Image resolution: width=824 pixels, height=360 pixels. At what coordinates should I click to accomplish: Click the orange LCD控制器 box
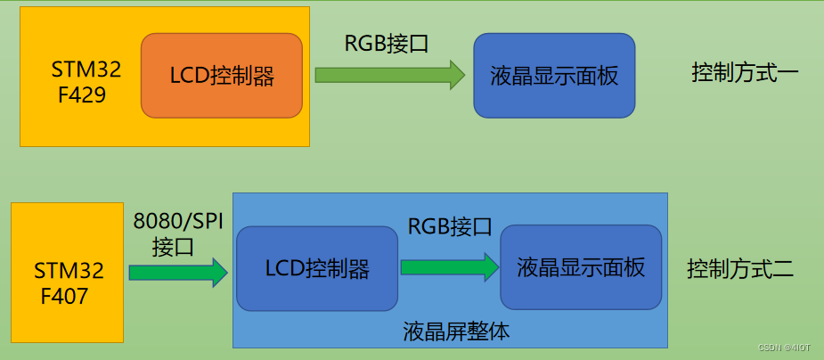pos(221,76)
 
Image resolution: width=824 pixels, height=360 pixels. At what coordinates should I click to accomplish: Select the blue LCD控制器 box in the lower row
pos(316,267)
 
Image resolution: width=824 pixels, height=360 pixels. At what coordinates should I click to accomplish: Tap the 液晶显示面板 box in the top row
pos(553,76)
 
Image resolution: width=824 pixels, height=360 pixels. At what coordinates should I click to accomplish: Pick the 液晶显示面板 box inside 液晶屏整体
pos(580,266)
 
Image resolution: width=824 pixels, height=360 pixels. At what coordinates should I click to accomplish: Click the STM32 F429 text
pos(86,82)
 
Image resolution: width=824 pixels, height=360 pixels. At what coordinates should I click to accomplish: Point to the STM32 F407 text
pos(69,283)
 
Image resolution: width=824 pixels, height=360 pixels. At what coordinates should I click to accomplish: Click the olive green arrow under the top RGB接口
pos(389,75)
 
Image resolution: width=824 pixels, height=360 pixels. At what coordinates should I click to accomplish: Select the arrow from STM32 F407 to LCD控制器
pos(177,272)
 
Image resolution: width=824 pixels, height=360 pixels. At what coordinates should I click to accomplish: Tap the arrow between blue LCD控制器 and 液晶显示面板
pos(448,266)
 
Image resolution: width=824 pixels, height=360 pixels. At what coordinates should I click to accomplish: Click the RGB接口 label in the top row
pos(387,43)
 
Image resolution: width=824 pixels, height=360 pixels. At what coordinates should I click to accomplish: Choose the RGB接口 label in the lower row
pos(450,226)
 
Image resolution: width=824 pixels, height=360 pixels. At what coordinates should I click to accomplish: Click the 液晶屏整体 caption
pos(456,332)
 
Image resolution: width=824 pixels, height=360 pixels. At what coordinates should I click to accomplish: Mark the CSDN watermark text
pos(784,348)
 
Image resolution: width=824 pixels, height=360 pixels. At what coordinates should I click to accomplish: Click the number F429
pos(82,95)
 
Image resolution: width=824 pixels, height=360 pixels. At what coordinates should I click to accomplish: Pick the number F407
pos(64,297)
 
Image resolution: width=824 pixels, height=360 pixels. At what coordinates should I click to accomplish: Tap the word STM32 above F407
pos(69,270)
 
